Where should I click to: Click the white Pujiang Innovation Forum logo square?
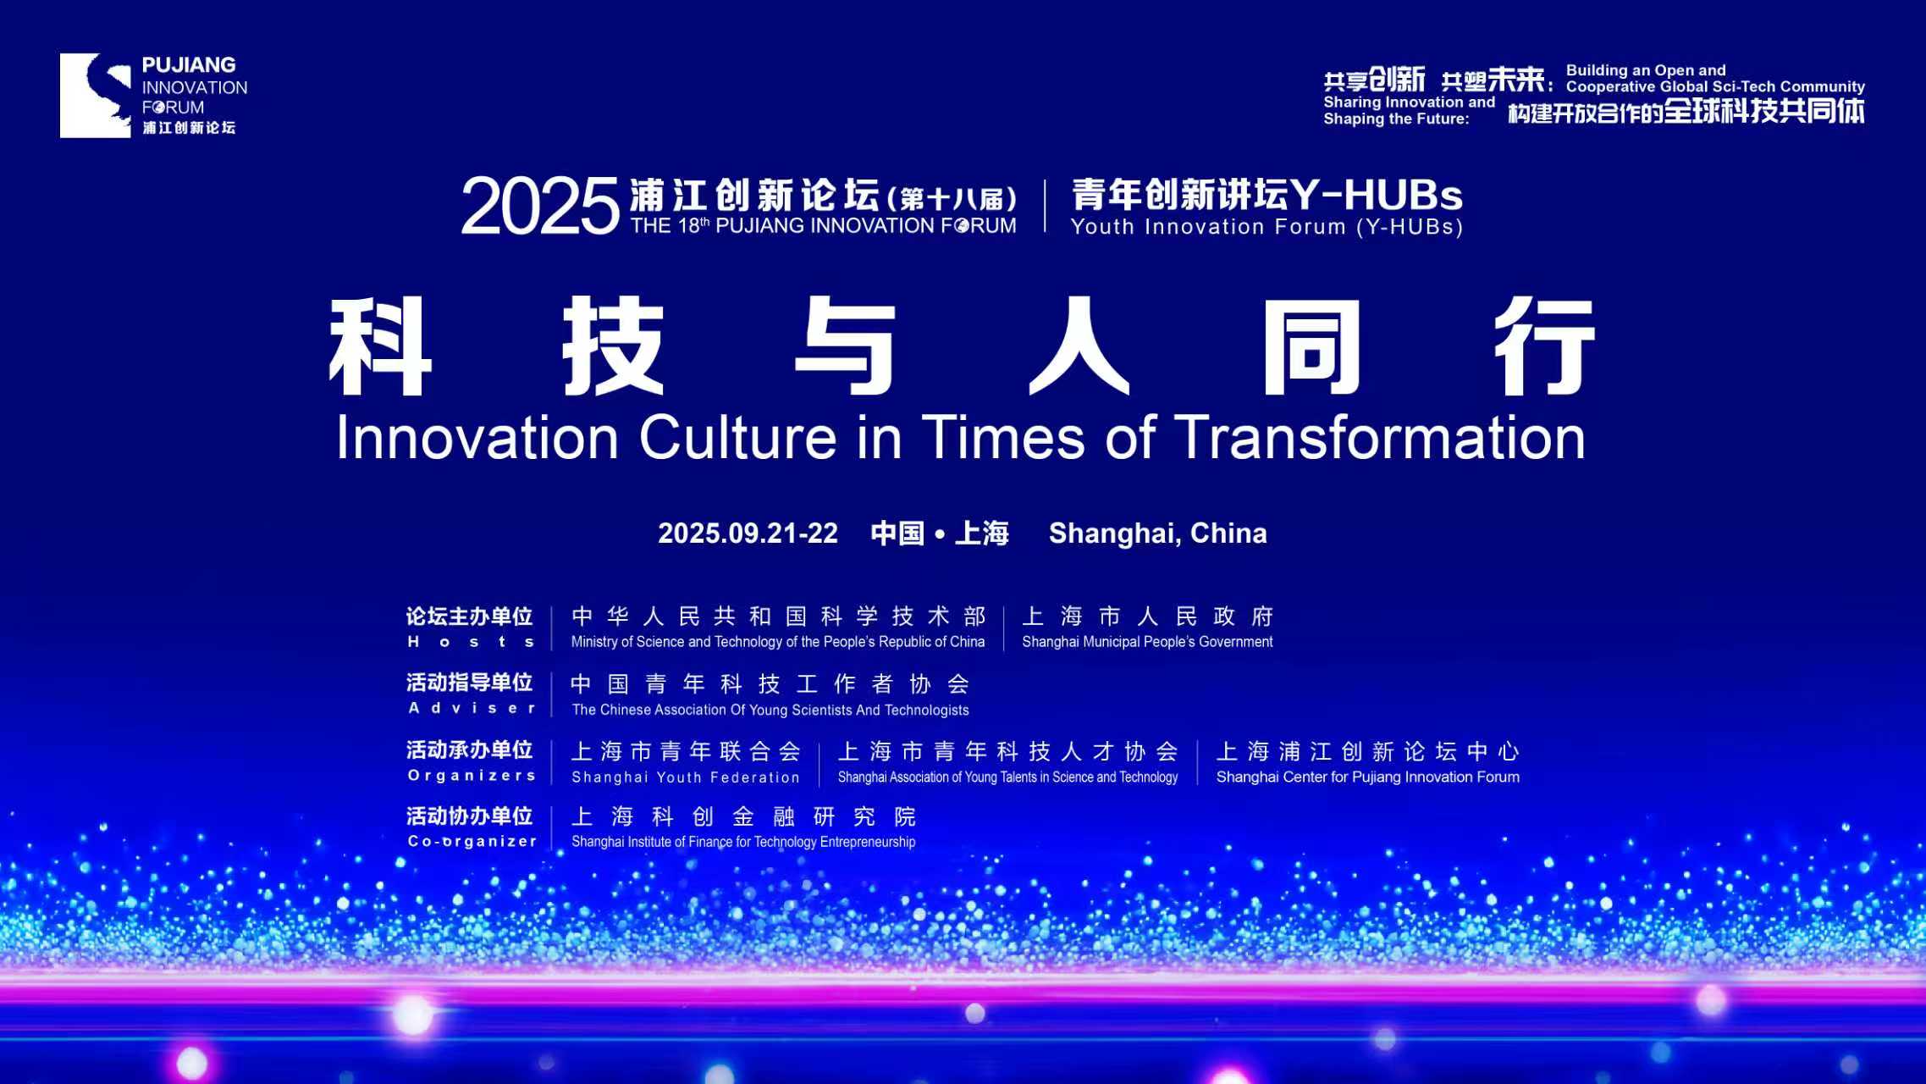click(x=96, y=96)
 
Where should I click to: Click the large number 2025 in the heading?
click(x=540, y=206)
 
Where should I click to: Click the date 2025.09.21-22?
click(x=748, y=534)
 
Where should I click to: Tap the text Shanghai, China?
click(x=1158, y=534)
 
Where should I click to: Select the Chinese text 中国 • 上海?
click(x=940, y=534)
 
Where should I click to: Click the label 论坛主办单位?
click(x=470, y=616)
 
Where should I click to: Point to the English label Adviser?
click(x=472, y=708)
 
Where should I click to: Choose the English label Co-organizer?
click(x=472, y=841)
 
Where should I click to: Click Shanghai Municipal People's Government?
click(x=1147, y=642)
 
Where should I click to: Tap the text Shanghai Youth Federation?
click(x=686, y=777)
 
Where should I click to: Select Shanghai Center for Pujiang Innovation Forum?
click(x=1368, y=777)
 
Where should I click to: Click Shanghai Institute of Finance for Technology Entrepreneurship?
click(x=743, y=842)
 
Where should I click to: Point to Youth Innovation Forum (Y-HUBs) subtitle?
click(x=1267, y=227)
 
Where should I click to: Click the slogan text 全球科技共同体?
click(x=1763, y=111)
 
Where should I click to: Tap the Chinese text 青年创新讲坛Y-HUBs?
click(x=1267, y=195)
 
